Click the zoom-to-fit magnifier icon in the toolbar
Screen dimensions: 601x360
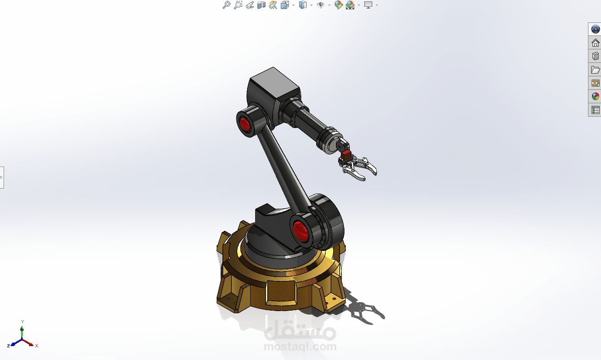[226, 5]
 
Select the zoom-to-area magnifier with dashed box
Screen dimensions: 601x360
[238, 5]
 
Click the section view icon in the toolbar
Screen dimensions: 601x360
[261, 5]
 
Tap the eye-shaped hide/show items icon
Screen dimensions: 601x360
[320, 5]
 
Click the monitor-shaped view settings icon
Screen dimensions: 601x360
[368, 5]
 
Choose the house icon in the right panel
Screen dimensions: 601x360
[595, 43]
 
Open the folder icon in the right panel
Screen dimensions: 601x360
[595, 70]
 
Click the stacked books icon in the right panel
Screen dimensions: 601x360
[595, 56]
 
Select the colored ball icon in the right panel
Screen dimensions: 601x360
[595, 97]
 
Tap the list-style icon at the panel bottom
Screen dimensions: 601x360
[595, 110]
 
